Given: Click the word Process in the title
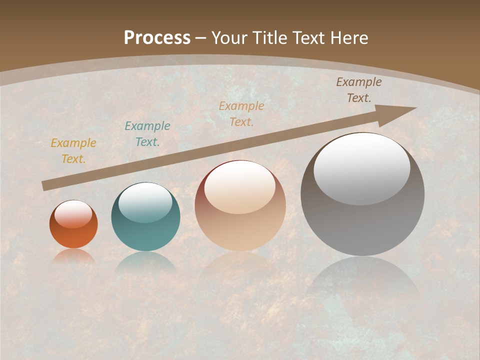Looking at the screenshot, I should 157,37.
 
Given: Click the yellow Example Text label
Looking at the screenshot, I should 73,151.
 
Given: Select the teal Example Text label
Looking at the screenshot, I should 147,134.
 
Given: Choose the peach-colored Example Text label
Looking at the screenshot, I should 241,113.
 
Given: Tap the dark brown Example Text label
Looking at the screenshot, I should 359,90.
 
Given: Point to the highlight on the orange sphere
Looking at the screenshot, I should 73,214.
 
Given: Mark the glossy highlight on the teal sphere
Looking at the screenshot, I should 145,202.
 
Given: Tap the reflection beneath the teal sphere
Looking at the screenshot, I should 145,262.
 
